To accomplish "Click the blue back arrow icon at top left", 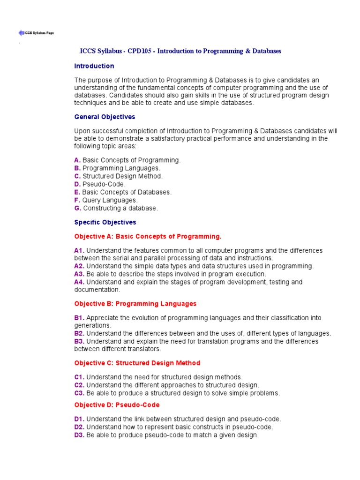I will click(21, 33).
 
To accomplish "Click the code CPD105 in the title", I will click(140, 51).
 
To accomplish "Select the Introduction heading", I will click(94, 66).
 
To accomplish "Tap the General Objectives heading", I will click(105, 117).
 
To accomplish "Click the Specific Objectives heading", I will click(105, 222).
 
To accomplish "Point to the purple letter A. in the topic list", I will click(77, 160).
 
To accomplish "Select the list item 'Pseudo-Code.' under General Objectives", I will click(104, 184).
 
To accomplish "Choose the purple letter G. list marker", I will click(77, 208).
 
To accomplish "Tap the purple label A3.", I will click(79, 274).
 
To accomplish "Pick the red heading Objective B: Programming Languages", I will click(135, 304).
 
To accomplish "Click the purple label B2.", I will click(79, 333).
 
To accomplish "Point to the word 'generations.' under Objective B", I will click(93, 325).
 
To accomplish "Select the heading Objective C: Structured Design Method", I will click(137, 363).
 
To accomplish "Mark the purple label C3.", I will click(79, 393).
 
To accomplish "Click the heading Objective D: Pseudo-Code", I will click(117, 405).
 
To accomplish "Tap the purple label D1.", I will click(79, 419).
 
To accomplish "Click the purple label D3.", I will click(79, 435).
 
